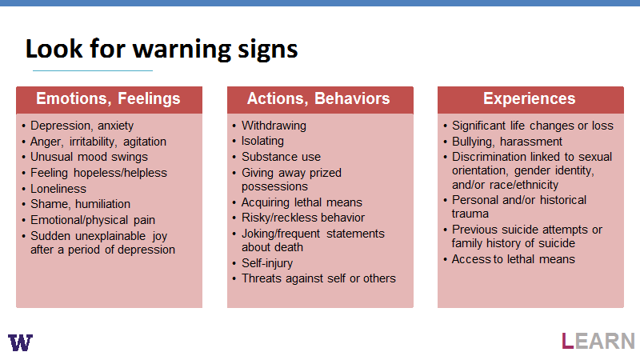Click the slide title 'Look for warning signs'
[x=162, y=50]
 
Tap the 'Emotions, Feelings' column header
[x=109, y=99]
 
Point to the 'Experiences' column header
[x=530, y=99]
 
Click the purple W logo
[x=21, y=342]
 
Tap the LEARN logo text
[x=598, y=342]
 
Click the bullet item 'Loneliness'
[x=58, y=189]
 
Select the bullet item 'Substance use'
[x=282, y=157]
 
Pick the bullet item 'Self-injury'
[x=267, y=263]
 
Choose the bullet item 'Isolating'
[x=262, y=141]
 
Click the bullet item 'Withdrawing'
[x=274, y=126]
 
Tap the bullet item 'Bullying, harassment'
[x=507, y=142]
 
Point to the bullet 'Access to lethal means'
[x=514, y=259]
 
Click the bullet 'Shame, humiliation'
[x=81, y=204]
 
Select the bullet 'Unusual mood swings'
[x=89, y=157]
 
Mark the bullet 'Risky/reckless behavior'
[x=303, y=218]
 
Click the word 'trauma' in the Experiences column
[x=470, y=214]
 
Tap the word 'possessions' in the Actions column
[x=274, y=186]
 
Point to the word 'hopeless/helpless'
[x=121, y=173]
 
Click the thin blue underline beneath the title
[x=93, y=70]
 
